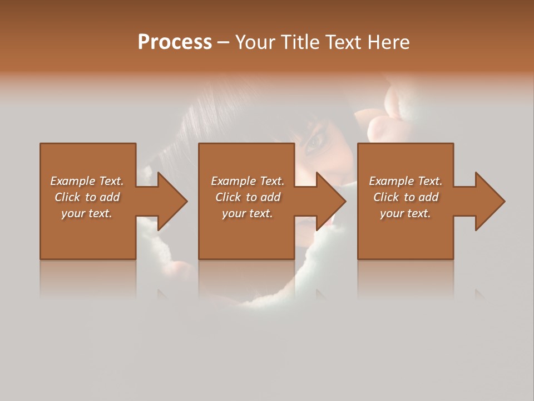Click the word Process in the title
[x=175, y=42]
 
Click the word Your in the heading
[x=256, y=42]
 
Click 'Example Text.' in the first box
[x=87, y=181]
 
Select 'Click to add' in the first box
[x=87, y=197]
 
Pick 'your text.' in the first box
[x=87, y=213]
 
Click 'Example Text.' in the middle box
[x=248, y=181]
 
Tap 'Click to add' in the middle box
[x=248, y=197]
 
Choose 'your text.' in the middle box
[x=248, y=213]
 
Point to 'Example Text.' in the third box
[x=406, y=181]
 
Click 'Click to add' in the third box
[x=406, y=197]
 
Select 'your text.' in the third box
[x=406, y=213]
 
